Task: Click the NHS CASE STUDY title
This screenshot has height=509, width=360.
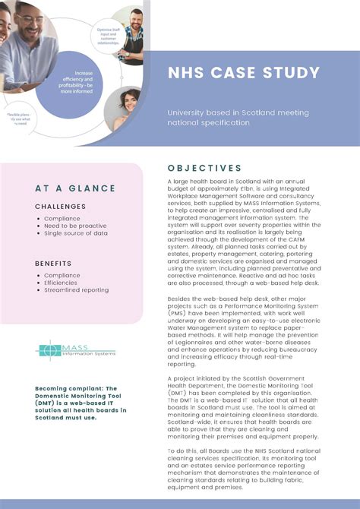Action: point(244,74)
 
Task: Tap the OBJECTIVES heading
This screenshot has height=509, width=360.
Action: point(205,168)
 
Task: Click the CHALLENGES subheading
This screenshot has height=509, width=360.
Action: point(60,206)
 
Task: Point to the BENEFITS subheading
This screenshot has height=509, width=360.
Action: point(53,263)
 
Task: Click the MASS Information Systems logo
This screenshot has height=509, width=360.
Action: point(76,350)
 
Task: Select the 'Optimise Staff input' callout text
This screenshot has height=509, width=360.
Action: point(109,33)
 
